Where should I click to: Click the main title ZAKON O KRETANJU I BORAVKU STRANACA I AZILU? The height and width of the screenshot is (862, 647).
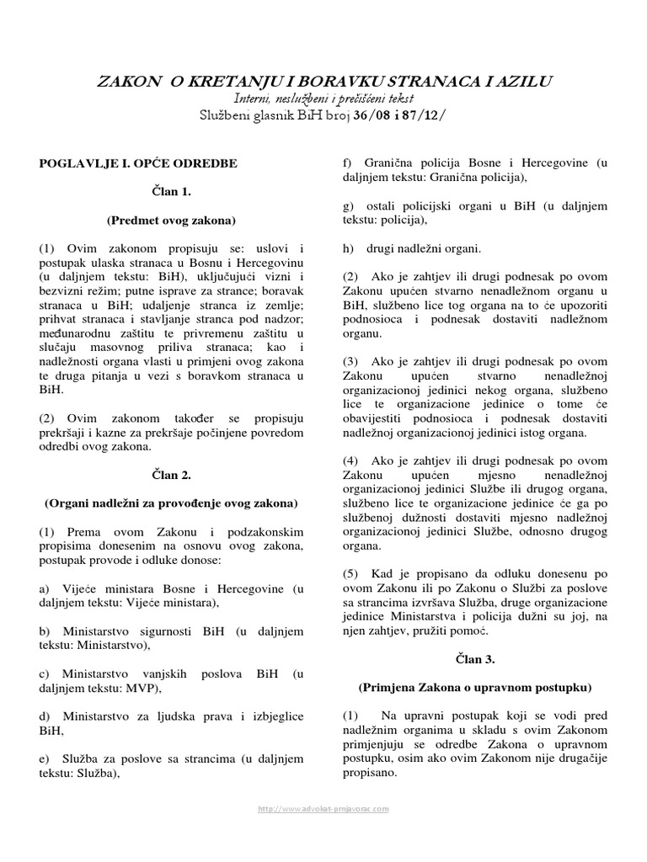[323, 82]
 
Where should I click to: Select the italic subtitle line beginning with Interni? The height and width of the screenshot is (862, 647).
[323, 98]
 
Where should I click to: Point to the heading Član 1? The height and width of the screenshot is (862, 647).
[171, 191]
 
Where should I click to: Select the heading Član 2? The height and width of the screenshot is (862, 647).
[171, 475]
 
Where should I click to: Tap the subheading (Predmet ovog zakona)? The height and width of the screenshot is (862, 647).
[171, 221]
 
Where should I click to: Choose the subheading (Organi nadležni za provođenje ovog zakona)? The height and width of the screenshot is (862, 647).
[171, 503]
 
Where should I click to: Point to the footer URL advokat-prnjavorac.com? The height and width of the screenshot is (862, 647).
[323, 808]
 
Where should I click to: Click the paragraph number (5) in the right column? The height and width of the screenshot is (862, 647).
[350, 572]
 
